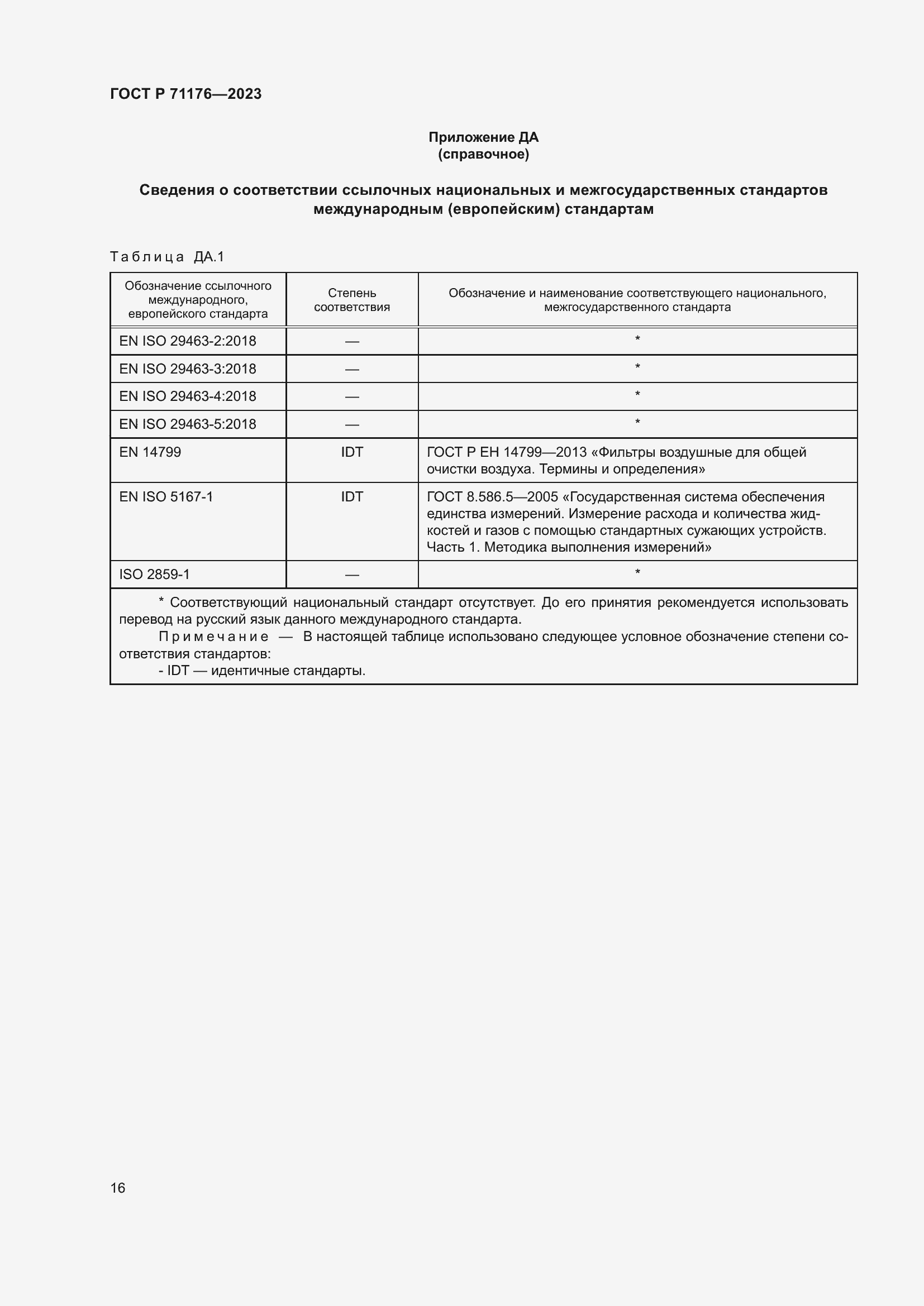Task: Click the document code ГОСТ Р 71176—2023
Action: pyautogui.click(x=185, y=94)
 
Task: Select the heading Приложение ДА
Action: pyautogui.click(x=483, y=137)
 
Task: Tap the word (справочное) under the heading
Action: pyautogui.click(x=483, y=154)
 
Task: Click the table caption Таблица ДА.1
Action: pyautogui.click(x=166, y=257)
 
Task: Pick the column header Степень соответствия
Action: pyautogui.click(x=351, y=300)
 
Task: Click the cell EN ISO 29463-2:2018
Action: pyautogui.click(x=187, y=341)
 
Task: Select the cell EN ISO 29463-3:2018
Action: pyautogui.click(x=187, y=369)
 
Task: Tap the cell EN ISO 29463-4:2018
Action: pyautogui.click(x=187, y=396)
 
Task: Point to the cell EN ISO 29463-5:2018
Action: pyautogui.click(x=187, y=424)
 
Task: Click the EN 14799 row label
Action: pyautogui.click(x=150, y=452)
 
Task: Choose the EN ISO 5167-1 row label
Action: pyautogui.click(x=165, y=496)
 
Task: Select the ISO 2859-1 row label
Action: pyautogui.click(x=154, y=575)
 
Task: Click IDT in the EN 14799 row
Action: pyautogui.click(x=351, y=452)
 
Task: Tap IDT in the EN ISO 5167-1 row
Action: pyautogui.click(x=351, y=496)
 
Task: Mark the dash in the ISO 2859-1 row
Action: pyautogui.click(x=351, y=575)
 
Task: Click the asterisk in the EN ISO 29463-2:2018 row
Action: pyautogui.click(x=637, y=339)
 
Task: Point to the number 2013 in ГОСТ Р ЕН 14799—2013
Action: pyautogui.click(x=571, y=452)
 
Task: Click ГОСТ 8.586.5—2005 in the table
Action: pyautogui.click(x=492, y=496)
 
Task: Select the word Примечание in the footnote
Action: pyautogui.click(x=213, y=637)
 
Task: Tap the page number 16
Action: pyautogui.click(x=118, y=1188)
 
